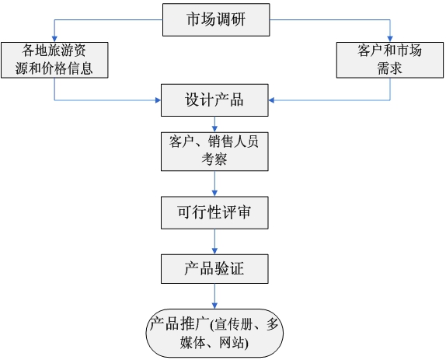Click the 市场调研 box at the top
coord(216,19)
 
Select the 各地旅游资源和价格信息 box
coord(54,60)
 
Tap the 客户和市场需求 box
coord(390,60)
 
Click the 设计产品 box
coord(214,100)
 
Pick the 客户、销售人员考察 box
coord(214,152)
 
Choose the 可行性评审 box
coord(214,212)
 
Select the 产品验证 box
coord(214,269)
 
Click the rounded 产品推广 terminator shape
coord(214,333)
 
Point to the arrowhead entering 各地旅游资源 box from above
coord(54,39)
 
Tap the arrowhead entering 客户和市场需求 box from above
coord(390,39)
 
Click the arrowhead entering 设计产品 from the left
coord(158,100)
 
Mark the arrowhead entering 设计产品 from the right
coord(271,100)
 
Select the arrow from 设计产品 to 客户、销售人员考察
coord(214,124)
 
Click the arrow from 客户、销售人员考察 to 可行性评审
coord(214,183)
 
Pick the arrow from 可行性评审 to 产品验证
coord(214,242)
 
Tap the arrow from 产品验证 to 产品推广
coord(214,296)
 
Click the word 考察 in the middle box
coord(214,159)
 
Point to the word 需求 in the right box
coord(390,68)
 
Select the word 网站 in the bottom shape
coord(232,342)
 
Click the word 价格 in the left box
coord(54,68)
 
